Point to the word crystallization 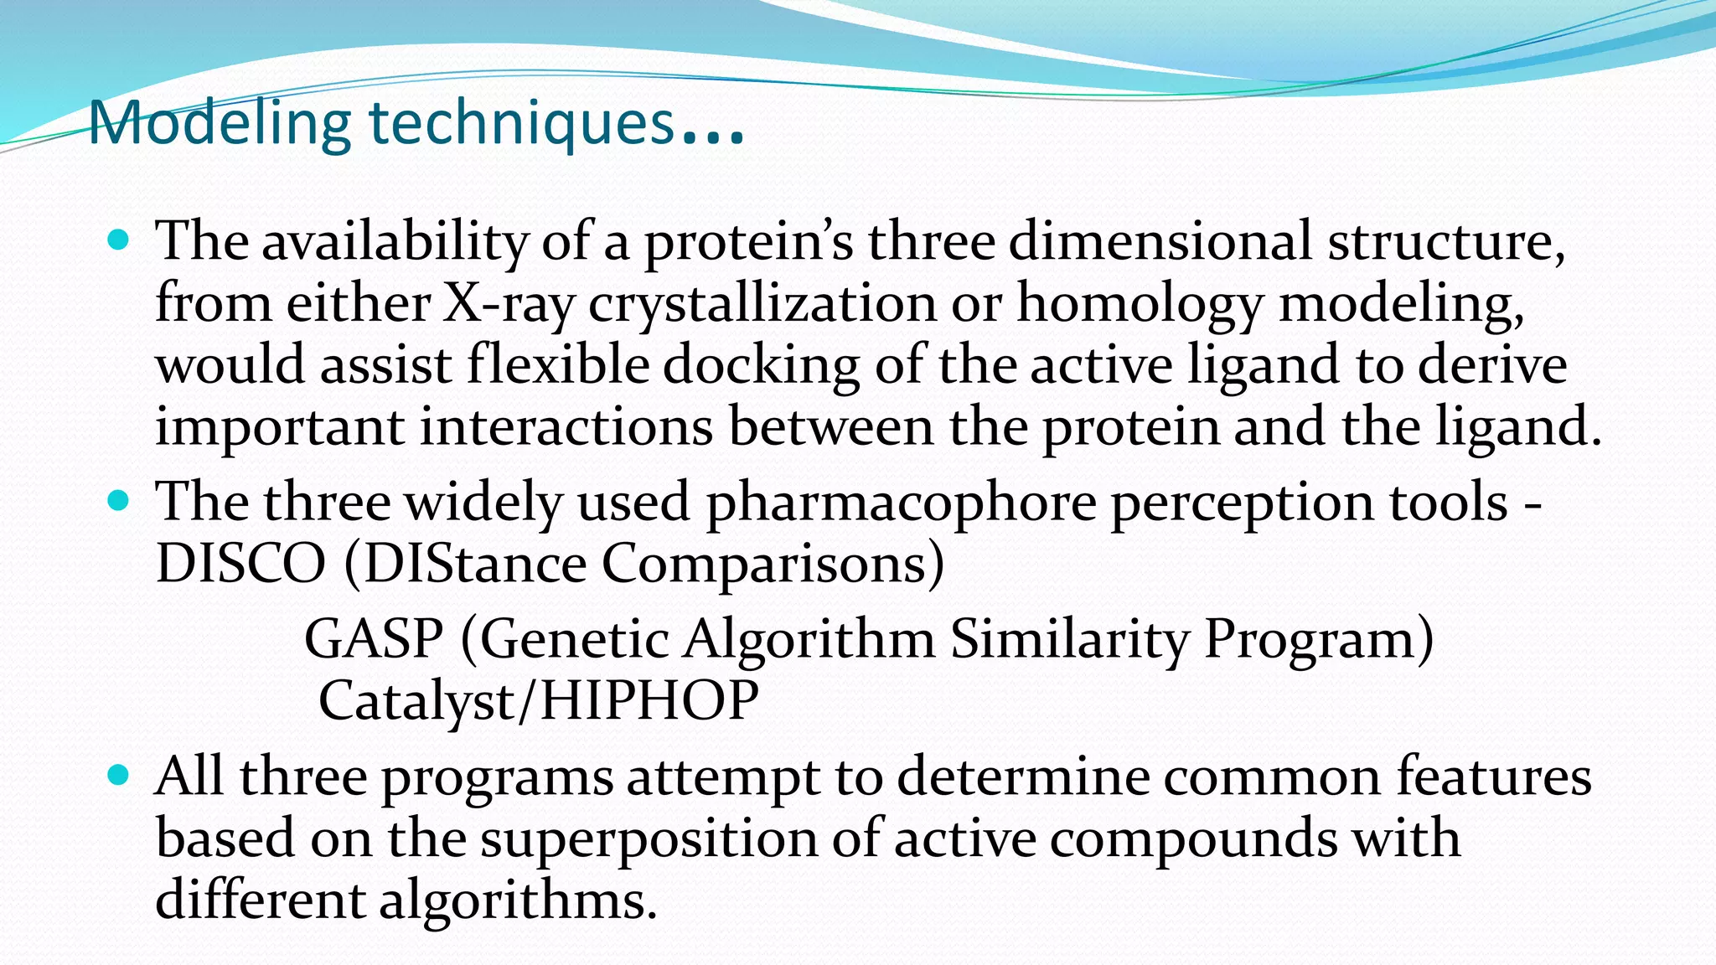[x=762, y=303]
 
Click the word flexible [x=558, y=365]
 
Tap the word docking [x=762, y=365]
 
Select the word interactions [x=566, y=426]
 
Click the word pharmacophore [x=901, y=503]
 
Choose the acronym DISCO [x=240, y=564]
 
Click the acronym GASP [x=374, y=640]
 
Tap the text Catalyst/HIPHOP [x=539, y=701]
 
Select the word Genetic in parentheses [x=574, y=640]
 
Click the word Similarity [x=1069, y=640]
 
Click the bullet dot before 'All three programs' [x=119, y=775]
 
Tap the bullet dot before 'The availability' [x=119, y=241]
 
